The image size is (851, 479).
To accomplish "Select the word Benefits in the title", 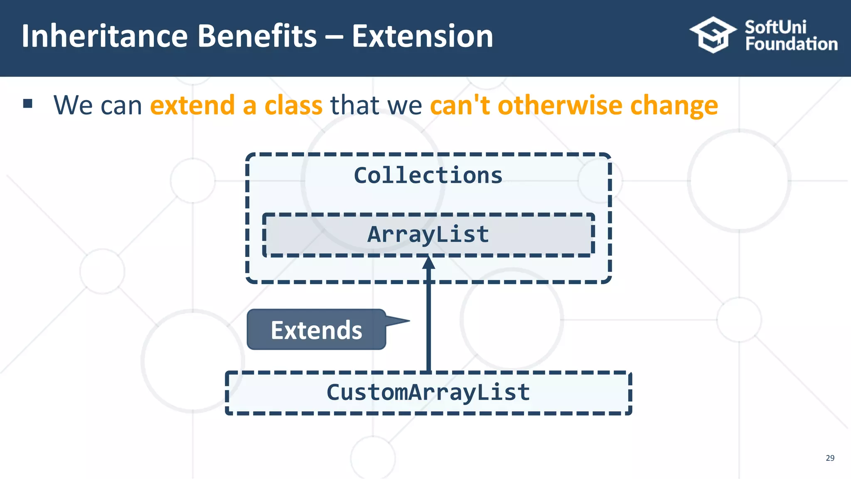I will (257, 36).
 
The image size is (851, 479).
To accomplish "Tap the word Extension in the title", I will (422, 36).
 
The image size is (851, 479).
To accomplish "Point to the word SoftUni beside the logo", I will (775, 27).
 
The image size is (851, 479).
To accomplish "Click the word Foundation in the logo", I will (791, 44).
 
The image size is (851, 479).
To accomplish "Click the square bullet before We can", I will (28, 104).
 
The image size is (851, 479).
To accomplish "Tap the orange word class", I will (293, 105).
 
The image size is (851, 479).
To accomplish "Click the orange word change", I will (674, 106).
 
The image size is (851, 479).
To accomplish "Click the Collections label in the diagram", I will (428, 175).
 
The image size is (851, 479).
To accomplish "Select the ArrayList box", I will (428, 235).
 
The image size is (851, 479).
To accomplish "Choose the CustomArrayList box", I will (428, 393).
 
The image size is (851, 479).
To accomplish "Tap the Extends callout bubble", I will (316, 330).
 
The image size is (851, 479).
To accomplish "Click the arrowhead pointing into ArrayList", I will (428, 263).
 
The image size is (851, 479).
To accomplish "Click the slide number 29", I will (830, 458).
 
